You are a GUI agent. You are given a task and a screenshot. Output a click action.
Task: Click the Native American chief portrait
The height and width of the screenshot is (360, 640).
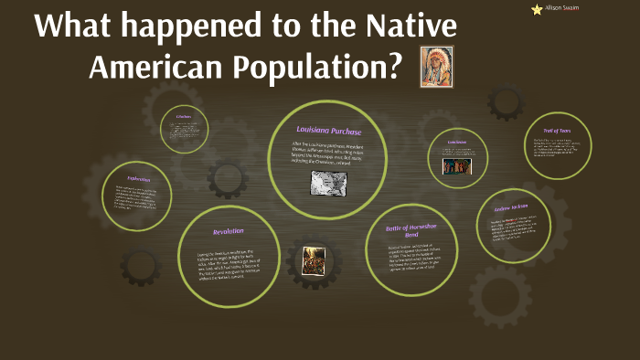pyautogui.click(x=436, y=67)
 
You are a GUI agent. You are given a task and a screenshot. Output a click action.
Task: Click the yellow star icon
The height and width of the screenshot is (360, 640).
pyautogui.click(x=537, y=9)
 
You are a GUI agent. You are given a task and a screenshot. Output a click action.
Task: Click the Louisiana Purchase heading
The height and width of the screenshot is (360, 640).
pyautogui.click(x=329, y=132)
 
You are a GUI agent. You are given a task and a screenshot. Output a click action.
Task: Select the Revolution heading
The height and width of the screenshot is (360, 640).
pyautogui.click(x=227, y=231)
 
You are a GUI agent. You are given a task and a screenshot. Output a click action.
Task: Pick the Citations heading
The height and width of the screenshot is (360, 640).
pyautogui.click(x=183, y=116)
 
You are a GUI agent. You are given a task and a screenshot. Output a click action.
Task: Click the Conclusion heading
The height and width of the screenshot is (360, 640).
pyautogui.click(x=457, y=143)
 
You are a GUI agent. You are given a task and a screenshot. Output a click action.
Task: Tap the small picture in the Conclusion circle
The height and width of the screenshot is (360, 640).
pyautogui.click(x=454, y=165)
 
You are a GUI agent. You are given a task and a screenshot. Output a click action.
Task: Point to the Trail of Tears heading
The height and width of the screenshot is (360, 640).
pyautogui.click(x=557, y=130)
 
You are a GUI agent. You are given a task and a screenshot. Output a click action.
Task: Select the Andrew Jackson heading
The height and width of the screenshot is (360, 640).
pyautogui.click(x=512, y=208)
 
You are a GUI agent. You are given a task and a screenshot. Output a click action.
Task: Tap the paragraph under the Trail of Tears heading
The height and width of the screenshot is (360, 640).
pyautogui.click(x=556, y=147)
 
